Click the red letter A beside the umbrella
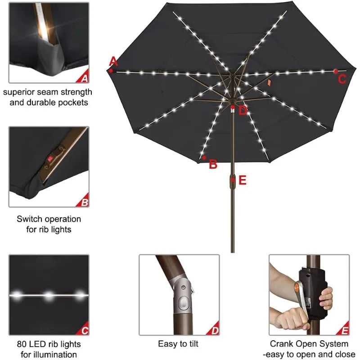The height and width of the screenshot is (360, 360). click(113, 61)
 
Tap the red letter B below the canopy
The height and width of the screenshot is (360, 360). click(213, 165)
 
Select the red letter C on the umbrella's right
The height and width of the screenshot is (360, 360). click(342, 80)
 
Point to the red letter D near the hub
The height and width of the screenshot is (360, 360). click(243, 111)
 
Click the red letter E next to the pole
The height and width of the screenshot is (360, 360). click(243, 180)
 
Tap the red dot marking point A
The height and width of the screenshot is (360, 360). click(111, 70)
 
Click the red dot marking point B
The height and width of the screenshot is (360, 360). click(204, 157)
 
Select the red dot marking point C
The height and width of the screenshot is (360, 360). click(336, 71)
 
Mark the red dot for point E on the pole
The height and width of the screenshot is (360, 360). click(233, 180)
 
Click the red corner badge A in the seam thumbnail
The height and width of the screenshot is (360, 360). click(84, 78)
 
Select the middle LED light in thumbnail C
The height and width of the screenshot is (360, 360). click(49, 295)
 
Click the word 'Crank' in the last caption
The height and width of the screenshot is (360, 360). click(282, 344)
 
